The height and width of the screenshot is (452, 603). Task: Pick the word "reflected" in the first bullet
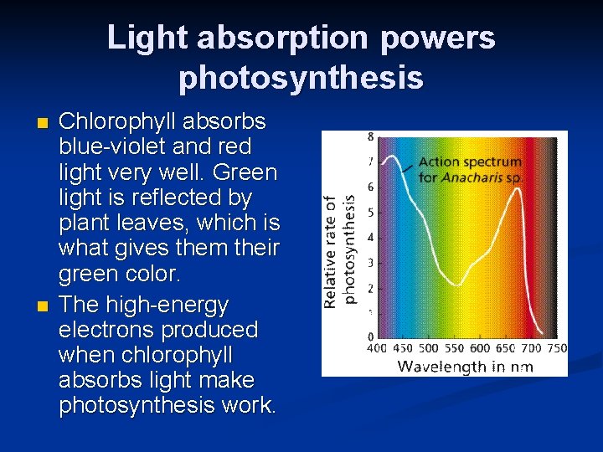coord(168,198)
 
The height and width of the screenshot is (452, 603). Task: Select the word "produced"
coord(217,330)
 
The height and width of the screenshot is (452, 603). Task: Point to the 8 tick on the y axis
coord(371,136)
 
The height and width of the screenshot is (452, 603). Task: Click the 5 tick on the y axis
coord(371,212)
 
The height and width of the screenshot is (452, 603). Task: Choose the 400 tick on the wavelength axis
coord(377,349)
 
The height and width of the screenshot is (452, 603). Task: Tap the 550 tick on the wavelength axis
coord(454,349)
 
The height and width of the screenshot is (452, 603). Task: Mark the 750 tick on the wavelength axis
coord(556,349)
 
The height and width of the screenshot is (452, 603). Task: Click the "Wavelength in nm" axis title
coord(465,366)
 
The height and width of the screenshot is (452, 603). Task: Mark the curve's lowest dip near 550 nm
coord(455,285)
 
